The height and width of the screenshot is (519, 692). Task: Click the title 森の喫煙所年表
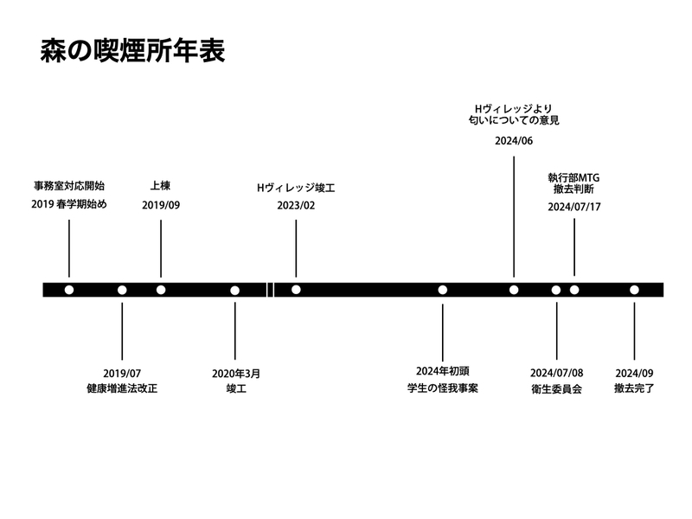tap(132, 52)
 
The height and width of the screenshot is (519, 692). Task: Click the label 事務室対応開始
tap(69, 186)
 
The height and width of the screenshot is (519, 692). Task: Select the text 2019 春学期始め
tap(69, 205)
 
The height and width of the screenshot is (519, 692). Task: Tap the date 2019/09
tap(161, 205)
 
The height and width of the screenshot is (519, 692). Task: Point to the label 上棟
tap(161, 186)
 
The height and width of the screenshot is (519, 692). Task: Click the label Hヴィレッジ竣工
tap(296, 187)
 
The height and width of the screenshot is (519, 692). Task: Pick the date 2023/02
tap(296, 206)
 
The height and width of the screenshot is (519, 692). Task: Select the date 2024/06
tap(514, 141)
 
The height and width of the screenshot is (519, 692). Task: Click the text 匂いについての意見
tap(514, 120)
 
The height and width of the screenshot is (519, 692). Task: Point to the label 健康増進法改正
tap(122, 389)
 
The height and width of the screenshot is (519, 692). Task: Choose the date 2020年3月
tap(235, 374)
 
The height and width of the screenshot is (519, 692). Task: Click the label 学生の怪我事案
tap(443, 389)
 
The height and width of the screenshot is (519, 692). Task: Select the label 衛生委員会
tap(556, 389)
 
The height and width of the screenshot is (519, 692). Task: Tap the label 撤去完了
tap(634, 389)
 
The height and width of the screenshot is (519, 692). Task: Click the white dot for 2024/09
tap(634, 290)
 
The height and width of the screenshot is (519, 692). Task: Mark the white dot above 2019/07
tap(122, 290)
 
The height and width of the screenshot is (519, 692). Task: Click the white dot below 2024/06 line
tap(514, 290)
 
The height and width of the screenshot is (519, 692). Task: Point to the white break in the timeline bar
tap(270, 290)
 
